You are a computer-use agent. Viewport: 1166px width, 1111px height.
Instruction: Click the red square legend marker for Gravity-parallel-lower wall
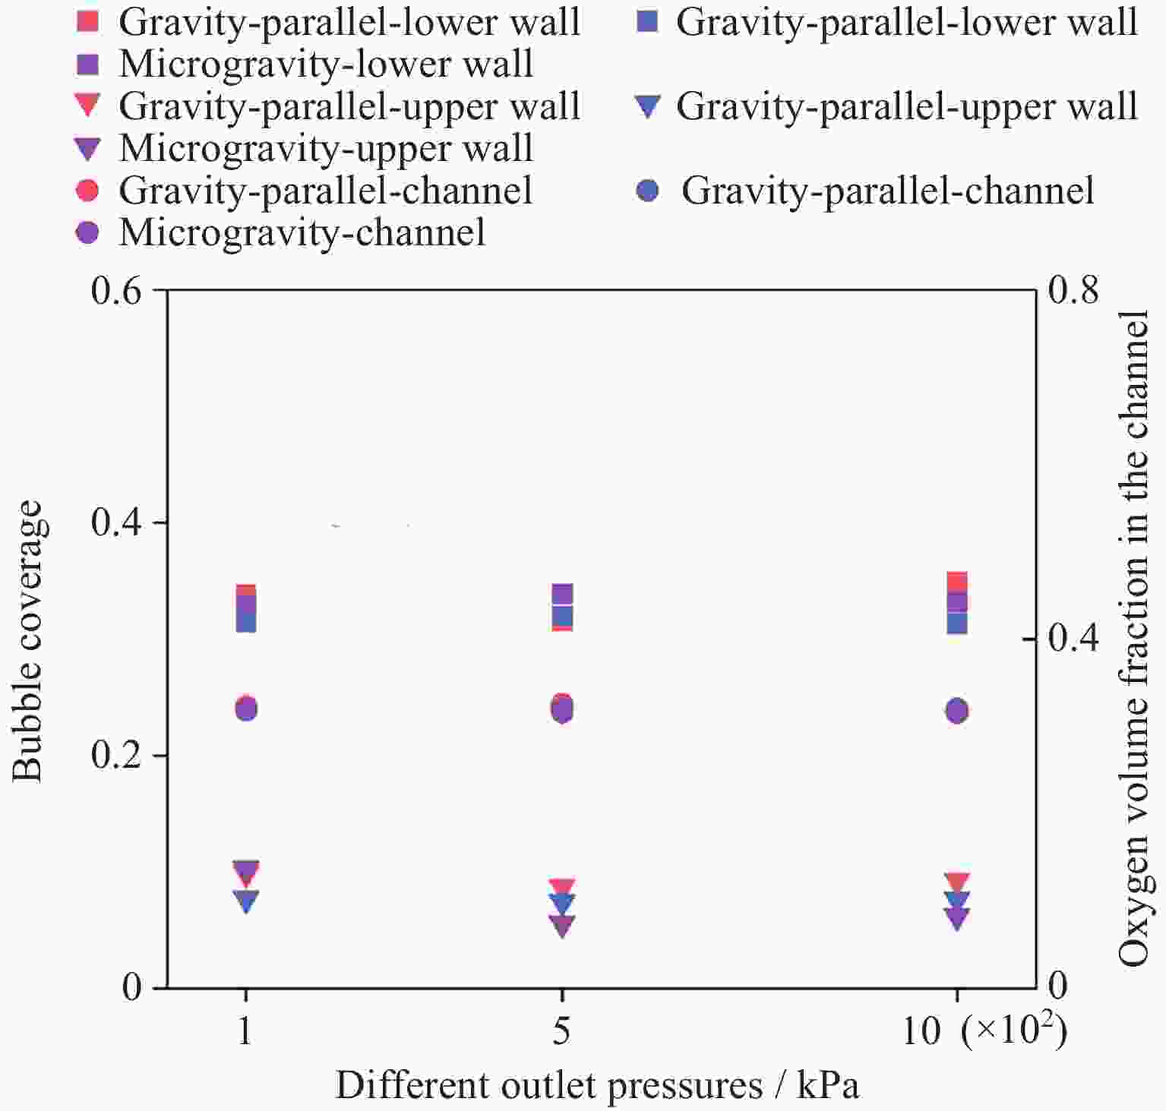pos(88,21)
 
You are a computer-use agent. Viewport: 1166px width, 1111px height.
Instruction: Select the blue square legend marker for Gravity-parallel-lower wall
pos(646,21)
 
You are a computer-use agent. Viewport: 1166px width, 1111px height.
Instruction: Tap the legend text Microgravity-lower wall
pos(326,64)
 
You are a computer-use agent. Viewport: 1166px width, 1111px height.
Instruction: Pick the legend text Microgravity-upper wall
pos(326,148)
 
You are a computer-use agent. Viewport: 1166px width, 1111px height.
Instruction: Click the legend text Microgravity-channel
pos(302,232)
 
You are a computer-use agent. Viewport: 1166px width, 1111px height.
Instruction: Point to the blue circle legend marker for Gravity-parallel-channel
pos(647,190)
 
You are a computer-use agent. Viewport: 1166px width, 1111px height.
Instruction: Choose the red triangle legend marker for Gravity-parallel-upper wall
pos(88,106)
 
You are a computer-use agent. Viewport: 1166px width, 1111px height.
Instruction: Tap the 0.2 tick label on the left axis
pos(116,756)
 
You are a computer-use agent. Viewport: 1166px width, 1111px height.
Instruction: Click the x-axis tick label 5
pos(561,1031)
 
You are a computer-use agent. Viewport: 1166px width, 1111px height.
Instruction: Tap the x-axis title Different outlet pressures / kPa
pos(598,1085)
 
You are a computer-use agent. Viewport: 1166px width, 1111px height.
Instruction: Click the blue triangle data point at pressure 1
pos(246,901)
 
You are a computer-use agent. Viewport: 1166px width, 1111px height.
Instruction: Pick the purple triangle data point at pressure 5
pos(562,926)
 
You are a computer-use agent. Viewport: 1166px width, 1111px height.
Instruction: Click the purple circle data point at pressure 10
pos(957,712)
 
